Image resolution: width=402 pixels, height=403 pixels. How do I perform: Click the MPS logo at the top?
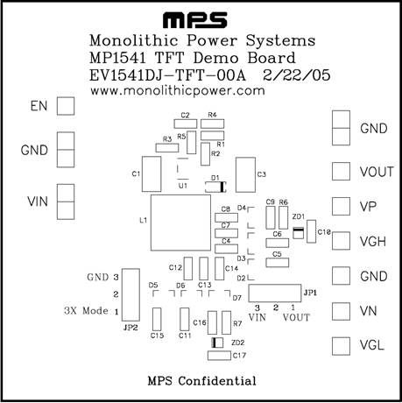tap(195, 20)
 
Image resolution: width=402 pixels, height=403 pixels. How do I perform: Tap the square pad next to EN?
tap(66, 106)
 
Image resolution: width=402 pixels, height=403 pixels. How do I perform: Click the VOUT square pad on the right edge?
tap(341, 172)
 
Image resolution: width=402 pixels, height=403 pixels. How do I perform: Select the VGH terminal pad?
tap(341, 241)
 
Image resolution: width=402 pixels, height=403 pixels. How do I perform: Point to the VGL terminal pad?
tap(341, 346)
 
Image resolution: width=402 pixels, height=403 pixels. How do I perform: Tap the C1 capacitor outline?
tap(142, 174)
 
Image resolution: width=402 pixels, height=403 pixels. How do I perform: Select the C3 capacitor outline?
tap(236, 174)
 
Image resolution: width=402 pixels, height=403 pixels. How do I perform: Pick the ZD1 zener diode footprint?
tap(299, 233)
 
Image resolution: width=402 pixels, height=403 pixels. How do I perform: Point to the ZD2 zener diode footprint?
tap(217, 343)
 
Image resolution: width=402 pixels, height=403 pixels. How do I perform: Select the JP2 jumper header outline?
tap(123, 295)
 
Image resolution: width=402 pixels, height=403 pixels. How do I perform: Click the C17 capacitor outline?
tap(219, 351)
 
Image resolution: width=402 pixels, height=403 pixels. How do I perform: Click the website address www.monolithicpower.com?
tap(178, 91)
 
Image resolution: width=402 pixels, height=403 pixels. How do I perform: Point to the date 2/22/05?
tap(297, 75)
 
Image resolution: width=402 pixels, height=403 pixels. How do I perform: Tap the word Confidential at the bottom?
tap(217, 381)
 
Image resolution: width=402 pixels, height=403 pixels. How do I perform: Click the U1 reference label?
tap(183, 186)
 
